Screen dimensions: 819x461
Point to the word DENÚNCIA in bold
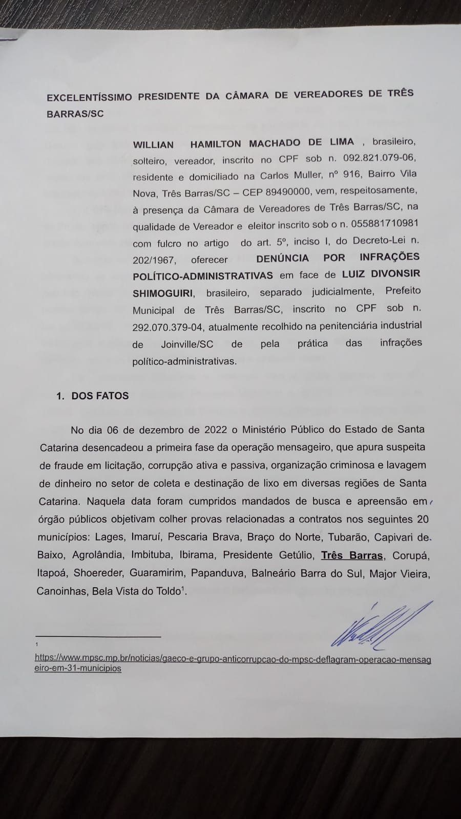click(x=283, y=257)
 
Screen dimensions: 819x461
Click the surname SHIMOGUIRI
click(x=163, y=293)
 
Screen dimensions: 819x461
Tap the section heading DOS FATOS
click(x=100, y=396)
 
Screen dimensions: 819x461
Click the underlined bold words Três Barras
click(x=352, y=555)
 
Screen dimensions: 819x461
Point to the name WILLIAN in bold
click(x=153, y=145)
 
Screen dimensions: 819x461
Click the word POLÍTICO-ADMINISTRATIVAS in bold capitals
click(x=203, y=275)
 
